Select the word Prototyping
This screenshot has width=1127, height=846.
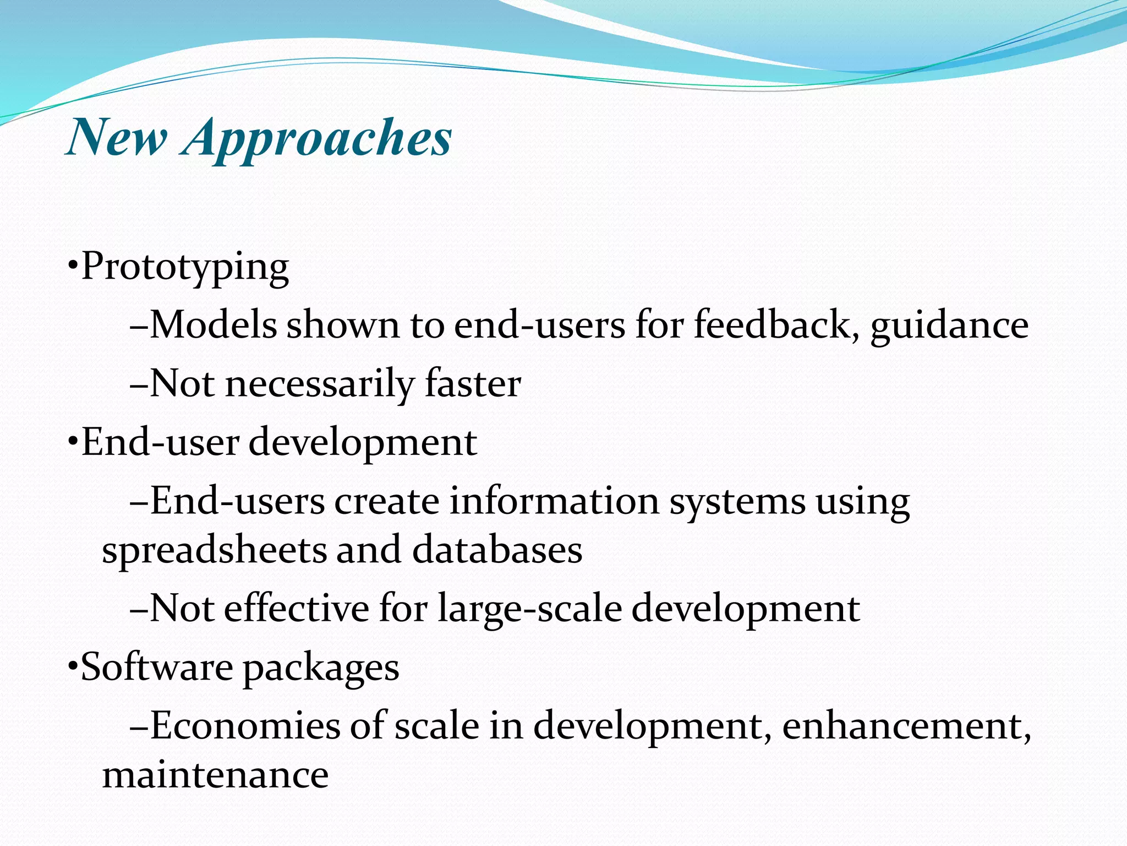[185, 268]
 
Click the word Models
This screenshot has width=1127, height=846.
[213, 325]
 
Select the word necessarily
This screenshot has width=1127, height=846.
[319, 384]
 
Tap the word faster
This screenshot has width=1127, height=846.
[473, 384]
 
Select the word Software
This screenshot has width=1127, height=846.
[157, 667]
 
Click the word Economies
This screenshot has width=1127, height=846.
[245, 725]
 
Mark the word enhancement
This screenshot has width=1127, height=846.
[905, 726]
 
